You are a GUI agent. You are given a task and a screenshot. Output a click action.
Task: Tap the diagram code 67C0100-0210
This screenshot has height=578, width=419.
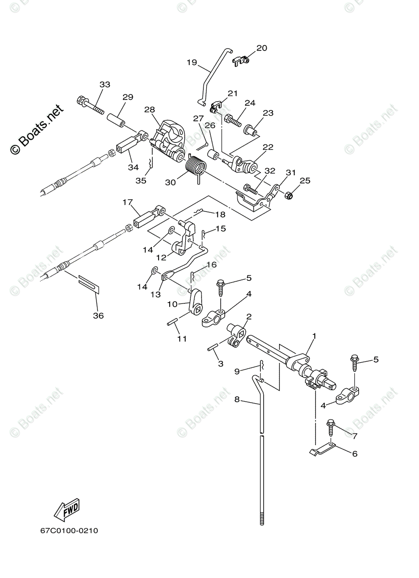pos(69,531)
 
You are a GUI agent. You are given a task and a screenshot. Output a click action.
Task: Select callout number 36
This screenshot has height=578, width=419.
pos(98,316)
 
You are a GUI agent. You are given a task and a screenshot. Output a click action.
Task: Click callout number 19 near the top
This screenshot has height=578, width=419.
pos(191,62)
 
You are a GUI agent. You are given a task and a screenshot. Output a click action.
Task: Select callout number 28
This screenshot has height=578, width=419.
pos(149,109)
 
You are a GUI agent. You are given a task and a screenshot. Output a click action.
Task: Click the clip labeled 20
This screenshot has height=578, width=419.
pos(242,60)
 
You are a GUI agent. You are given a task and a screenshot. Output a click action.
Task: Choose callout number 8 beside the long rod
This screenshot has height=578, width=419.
pos(237,399)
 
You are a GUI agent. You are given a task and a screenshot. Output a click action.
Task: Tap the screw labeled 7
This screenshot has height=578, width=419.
pos(331,426)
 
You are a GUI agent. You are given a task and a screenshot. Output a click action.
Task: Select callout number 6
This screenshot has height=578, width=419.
pos(354,453)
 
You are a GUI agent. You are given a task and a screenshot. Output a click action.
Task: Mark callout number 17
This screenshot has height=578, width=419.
pos(127,202)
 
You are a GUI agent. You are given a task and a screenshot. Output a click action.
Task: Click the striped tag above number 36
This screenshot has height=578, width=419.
pos(89,284)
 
